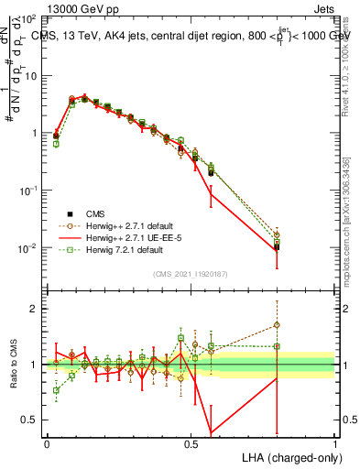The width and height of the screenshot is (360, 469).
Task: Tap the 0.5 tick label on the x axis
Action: click(191, 443)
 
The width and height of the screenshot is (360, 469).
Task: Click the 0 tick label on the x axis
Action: click(47, 443)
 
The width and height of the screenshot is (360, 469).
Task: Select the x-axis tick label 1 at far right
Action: click(335, 443)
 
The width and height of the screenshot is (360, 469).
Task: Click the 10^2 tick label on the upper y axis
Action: click(27, 19)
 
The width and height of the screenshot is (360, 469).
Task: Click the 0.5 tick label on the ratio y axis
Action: click(30, 420)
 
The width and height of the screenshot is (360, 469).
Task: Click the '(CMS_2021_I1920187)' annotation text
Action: click(191, 274)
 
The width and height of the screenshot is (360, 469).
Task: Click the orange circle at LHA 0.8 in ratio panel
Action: click(277, 324)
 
